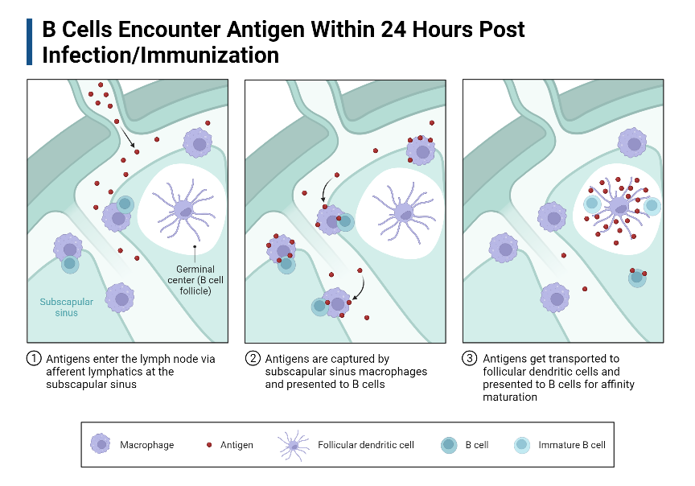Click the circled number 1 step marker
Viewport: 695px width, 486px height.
coord(34,359)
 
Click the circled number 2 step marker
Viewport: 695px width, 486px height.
coord(253,359)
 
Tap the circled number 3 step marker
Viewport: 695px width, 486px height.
coord(471,359)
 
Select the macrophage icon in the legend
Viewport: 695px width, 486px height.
coord(101,444)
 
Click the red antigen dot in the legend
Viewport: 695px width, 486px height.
coord(210,444)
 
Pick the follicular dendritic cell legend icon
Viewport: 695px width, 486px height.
coord(293,444)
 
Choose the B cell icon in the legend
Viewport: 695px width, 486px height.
coord(449,444)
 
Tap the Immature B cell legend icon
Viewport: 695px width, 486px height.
coord(523,444)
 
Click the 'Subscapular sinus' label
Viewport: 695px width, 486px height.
coord(67,307)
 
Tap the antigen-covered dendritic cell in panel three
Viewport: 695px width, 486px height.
coord(619,207)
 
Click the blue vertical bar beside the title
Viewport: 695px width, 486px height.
coord(30,42)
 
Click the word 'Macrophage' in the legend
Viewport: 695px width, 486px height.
coord(146,445)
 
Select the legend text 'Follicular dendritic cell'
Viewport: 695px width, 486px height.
coord(365,445)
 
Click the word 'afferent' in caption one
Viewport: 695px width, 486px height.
coord(66,372)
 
